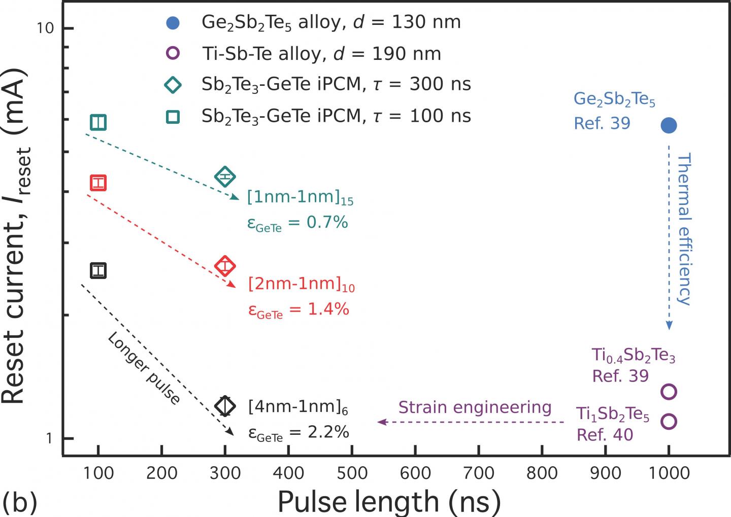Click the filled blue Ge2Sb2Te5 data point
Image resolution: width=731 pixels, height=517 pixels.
[x=669, y=125]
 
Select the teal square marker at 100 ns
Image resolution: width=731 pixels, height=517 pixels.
[x=98, y=123]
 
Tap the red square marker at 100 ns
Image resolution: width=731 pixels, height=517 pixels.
[x=98, y=183]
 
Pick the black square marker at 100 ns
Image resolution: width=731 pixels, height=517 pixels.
[x=98, y=271]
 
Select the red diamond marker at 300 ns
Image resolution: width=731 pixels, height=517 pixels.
[x=225, y=266]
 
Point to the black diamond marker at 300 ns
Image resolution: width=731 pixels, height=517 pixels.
[x=225, y=405]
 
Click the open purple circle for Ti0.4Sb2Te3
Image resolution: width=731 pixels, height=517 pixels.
[x=669, y=392]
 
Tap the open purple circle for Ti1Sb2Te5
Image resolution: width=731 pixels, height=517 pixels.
[x=669, y=421]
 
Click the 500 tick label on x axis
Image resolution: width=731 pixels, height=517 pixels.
[x=352, y=473]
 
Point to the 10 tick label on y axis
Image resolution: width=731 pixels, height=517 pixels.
[x=45, y=28]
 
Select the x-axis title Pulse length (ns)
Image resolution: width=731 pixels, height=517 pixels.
[x=389, y=502]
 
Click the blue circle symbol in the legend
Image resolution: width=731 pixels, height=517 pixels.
[x=173, y=23]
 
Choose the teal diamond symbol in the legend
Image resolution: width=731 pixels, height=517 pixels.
[x=173, y=85]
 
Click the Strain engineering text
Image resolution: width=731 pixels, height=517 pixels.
[x=475, y=407]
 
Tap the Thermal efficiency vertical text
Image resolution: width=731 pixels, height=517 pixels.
[x=685, y=228]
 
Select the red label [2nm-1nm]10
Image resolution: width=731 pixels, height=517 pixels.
[x=301, y=285]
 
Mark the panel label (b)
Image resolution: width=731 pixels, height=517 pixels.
[x=19, y=502]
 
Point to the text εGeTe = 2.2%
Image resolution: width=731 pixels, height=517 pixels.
[x=298, y=432]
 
